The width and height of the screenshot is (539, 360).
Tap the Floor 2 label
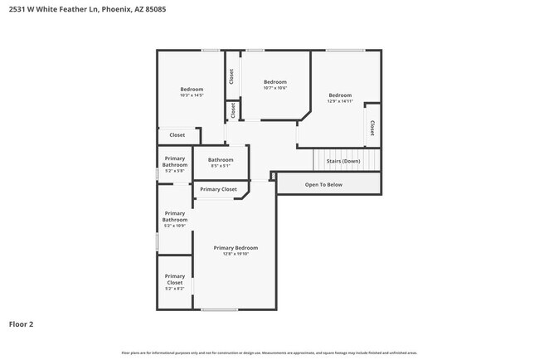click(21, 324)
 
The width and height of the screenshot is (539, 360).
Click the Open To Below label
click(323, 184)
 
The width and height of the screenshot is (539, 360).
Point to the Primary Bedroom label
click(236, 248)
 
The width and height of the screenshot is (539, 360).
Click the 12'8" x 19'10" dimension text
click(236, 255)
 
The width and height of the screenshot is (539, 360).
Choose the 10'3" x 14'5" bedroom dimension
click(192, 95)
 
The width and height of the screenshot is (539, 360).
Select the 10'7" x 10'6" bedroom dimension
click(275, 88)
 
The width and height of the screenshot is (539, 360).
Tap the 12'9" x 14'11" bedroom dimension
click(340, 101)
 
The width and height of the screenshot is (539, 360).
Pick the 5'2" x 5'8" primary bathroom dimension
click(175, 171)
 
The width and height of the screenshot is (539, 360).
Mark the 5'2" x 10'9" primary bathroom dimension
click(175, 226)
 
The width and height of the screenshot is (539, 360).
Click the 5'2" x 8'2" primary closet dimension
click(175, 289)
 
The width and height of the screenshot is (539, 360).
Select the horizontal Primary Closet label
click(218, 189)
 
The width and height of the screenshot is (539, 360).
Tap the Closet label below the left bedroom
click(177, 134)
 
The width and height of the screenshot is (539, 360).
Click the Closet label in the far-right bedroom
click(371, 128)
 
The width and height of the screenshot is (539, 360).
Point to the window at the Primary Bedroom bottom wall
click(220, 310)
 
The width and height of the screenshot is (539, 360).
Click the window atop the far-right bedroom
click(345, 51)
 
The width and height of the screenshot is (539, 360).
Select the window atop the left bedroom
click(211, 51)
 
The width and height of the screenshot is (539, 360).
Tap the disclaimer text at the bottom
click(269, 353)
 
